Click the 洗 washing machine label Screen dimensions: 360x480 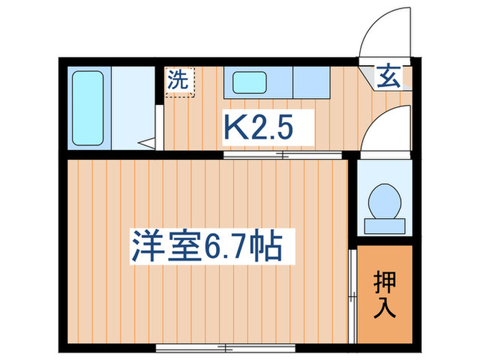click(x=178, y=80)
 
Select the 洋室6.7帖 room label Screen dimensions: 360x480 click(x=206, y=245)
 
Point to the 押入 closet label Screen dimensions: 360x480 click(x=385, y=293)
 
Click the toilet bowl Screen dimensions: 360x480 click(x=383, y=200)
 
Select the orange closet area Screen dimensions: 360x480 click(x=385, y=293)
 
